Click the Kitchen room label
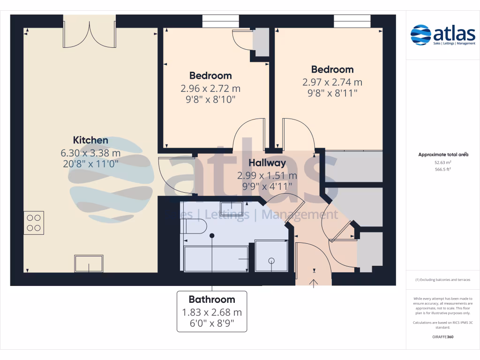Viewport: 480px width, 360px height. tap(90, 140)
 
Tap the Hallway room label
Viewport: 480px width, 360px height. tap(267, 163)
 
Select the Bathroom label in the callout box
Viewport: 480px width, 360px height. tap(212, 300)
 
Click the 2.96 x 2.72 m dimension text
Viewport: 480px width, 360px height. tap(210, 88)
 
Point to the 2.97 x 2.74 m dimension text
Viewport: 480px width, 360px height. tap(332, 82)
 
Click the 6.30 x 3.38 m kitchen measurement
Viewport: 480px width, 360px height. tap(90, 152)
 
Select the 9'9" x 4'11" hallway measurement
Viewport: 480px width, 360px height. tap(267, 187)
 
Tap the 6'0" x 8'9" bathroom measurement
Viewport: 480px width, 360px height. tap(212, 323)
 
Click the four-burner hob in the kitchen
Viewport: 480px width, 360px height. tap(34, 223)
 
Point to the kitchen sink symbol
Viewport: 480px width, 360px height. tap(88, 263)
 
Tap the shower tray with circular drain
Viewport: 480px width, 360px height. tap(271, 256)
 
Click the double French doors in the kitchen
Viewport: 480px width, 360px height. tap(90, 31)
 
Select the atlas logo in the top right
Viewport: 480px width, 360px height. tap(442, 36)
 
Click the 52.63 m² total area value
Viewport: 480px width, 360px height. tap(443, 162)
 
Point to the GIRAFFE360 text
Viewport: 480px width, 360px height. tap(443, 337)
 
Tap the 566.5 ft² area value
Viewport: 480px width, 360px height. tap(443, 169)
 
